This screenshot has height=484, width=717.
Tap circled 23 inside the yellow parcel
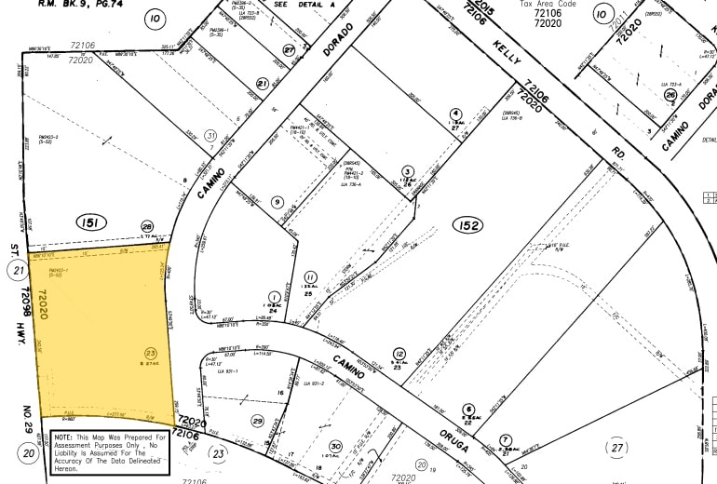coord(151,352)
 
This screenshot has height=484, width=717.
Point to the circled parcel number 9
coord(277,202)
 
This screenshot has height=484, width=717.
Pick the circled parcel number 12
coord(399,354)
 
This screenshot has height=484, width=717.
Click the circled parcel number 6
coord(468,408)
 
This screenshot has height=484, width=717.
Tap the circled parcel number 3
coord(408,171)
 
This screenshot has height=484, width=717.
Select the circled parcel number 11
coord(310,276)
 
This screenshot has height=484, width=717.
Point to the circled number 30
coord(334,448)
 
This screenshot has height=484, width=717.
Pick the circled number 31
coord(210,136)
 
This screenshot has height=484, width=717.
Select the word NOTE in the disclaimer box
coord(65,436)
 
